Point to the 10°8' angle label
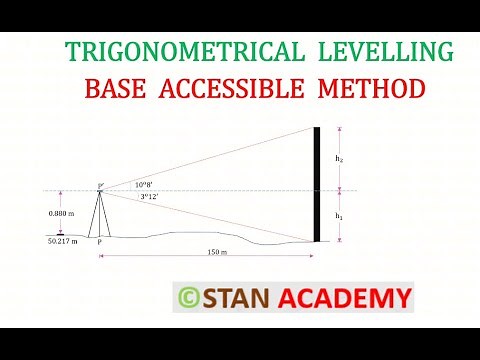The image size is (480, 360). (x=144, y=185)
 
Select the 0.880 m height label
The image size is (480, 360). (x=61, y=213)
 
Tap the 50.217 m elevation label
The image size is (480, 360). (x=63, y=241)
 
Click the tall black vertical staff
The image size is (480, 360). (x=317, y=185)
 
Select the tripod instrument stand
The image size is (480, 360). (x=100, y=213)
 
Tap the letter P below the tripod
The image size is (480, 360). (x=99, y=242)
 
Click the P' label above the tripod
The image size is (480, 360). (x=100, y=185)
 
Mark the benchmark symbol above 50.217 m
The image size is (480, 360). (x=61, y=233)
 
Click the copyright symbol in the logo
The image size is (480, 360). (x=188, y=298)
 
